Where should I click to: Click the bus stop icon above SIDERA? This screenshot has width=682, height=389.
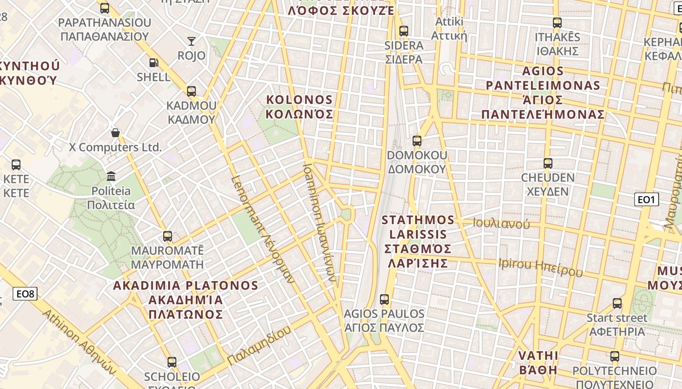pyautogui.click(x=403, y=31)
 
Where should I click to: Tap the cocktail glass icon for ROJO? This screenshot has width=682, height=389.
pyautogui.click(x=191, y=41)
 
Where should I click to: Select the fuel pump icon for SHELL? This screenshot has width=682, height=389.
pyautogui.click(x=153, y=62)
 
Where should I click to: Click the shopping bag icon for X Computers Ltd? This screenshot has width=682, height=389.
pyautogui.click(x=115, y=132)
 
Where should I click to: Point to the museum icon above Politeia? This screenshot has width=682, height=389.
pyautogui.click(x=111, y=176)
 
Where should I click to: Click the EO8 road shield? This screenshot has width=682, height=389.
pyautogui.click(x=25, y=293)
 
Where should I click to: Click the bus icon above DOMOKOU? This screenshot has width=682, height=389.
pyautogui.click(x=417, y=141)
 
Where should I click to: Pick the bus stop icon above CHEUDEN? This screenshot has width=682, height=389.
pyautogui.click(x=548, y=163)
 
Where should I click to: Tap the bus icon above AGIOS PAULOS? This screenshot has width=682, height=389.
pyautogui.click(x=384, y=299)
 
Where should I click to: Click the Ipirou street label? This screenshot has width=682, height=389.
pyautogui.click(x=540, y=267)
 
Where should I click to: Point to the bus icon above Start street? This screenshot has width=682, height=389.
pyautogui.click(x=617, y=303)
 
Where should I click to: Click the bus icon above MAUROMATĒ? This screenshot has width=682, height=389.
pyautogui.click(x=168, y=236)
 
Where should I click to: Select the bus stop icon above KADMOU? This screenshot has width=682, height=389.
pyautogui.click(x=191, y=91)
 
